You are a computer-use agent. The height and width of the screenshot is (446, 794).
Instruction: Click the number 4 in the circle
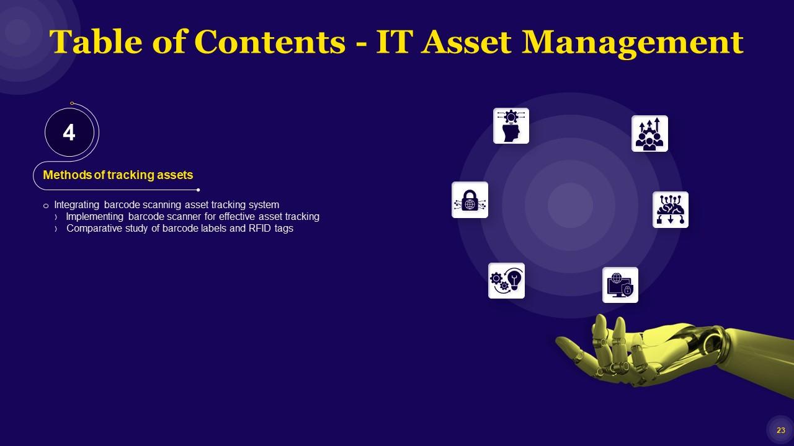click(69, 133)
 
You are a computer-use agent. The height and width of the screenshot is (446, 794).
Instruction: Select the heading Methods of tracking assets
click(118, 175)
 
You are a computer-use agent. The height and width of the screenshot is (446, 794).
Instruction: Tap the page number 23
click(780, 431)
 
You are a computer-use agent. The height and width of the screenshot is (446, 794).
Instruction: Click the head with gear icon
click(511, 126)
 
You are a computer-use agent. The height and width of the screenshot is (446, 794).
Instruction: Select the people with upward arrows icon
click(649, 133)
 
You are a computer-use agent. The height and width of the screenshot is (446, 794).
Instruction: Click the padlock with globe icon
click(470, 199)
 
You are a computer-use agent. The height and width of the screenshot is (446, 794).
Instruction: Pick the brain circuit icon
click(670, 209)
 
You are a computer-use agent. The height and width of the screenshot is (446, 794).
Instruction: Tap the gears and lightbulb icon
click(506, 280)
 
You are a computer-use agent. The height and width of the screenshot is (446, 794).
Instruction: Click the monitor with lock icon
click(620, 285)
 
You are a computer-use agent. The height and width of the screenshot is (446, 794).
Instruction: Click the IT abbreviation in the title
click(396, 42)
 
